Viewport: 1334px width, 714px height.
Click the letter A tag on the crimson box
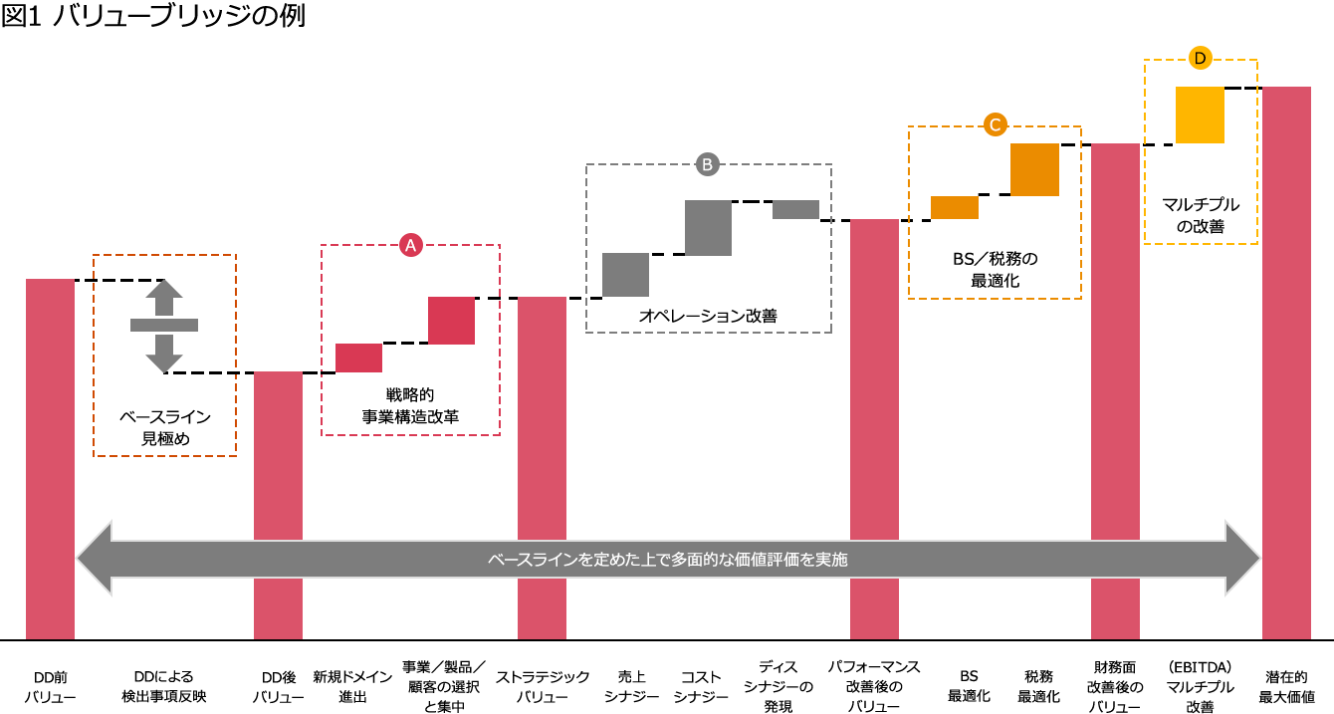tap(410, 245)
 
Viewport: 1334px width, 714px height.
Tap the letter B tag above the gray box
tap(707, 164)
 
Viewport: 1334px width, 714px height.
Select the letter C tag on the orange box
tap(995, 124)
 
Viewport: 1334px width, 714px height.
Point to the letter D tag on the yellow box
tap(1200, 58)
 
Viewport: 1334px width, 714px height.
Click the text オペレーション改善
tap(708, 317)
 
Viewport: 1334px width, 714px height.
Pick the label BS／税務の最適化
tap(995, 270)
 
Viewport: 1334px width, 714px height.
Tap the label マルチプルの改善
tap(1201, 215)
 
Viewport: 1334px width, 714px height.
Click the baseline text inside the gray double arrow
tap(667, 560)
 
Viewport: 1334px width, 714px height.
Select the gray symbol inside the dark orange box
tap(164, 326)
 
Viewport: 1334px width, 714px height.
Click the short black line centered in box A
tap(405, 343)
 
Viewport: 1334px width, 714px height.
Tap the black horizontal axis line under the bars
tap(667, 639)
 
